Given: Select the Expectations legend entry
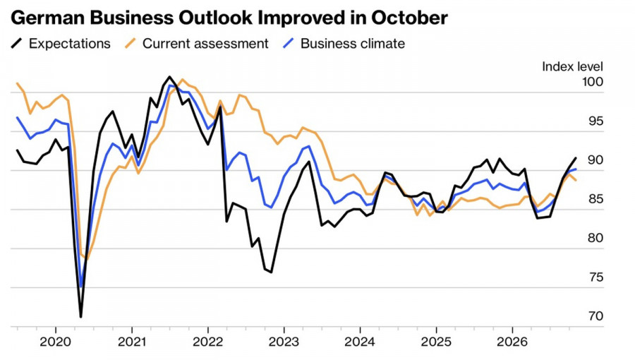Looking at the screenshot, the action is click(61, 43).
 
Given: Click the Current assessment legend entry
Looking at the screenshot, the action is click(196, 43).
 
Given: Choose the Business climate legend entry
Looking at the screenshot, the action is click(344, 43).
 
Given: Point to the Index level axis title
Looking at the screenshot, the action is click(572, 66).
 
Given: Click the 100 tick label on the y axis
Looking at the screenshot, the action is click(592, 82).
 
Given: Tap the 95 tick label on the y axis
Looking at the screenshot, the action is click(595, 121).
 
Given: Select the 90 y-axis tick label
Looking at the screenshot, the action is click(595, 160).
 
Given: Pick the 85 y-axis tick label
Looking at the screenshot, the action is click(595, 199).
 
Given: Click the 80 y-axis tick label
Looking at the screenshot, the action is click(595, 238).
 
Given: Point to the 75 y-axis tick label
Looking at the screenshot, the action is click(595, 277).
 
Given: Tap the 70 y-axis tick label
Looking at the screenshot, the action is click(595, 316).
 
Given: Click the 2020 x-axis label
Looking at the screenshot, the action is click(56, 342).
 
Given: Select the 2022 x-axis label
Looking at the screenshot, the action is click(207, 342).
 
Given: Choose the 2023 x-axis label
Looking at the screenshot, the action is click(284, 342).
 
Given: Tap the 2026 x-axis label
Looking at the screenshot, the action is click(512, 342).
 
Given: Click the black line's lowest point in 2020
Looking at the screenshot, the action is click(81, 317).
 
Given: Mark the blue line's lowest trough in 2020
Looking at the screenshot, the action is click(81, 287).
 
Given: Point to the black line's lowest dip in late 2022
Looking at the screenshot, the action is click(271, 272).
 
